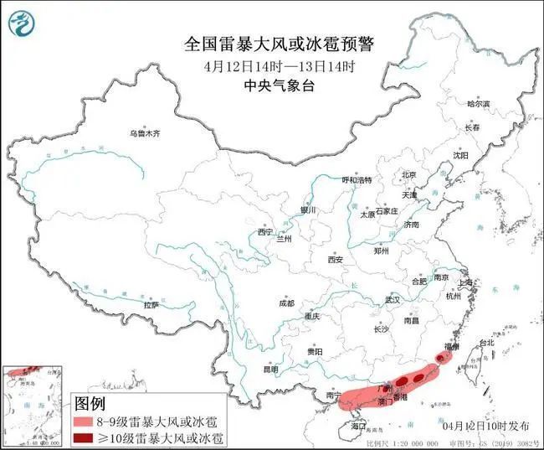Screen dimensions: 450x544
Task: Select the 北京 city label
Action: pyautogui.click(x=409, y=174)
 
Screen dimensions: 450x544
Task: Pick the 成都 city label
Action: pyautogui.click(x=287, y=303)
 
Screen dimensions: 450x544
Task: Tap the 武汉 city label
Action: pyautogui.click(x=393, y=299)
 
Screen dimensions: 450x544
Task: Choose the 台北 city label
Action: pyautogui.click(x=485, y=343)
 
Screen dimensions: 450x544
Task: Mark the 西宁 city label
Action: pyautogui.click(x=265, y=232)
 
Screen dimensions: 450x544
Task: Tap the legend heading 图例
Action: pyautogui.click(x=91, y=404)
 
